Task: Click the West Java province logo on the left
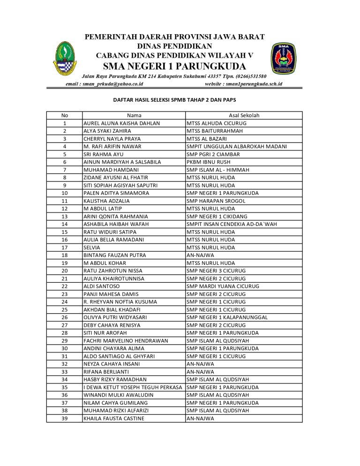click(x=65, y=58)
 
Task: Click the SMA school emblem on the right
click(x=283, y=58)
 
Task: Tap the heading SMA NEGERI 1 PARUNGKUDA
click(x=174, y=65)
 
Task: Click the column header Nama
click(x=134, y=115)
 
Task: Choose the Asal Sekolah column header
click(x=244, y=115)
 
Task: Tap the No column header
click(x=65, y=115)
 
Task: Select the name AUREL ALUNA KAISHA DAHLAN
click(x=121, y=123)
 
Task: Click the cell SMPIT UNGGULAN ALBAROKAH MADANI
click(x=237, y=146)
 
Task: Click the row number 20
click(x=65, y=271)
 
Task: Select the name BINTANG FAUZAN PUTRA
click(x=114, y=255)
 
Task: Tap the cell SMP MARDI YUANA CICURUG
click(x=222, y=286)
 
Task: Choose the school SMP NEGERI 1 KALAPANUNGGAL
click(x=227, y=317)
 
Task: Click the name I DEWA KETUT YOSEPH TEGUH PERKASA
click(x=133, y=387)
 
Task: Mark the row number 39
click(x=65, y=418)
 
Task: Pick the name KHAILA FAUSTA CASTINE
click(x=113, y=418)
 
